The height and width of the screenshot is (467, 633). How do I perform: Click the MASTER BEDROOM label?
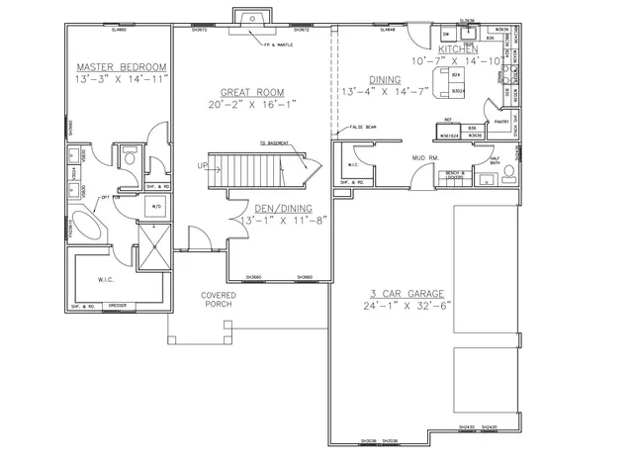(x=122, y=67)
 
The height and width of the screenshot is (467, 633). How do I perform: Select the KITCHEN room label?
(x=458, y=48)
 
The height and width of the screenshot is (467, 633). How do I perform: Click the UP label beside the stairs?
(x=202, y=165)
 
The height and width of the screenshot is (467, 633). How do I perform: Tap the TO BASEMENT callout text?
(x=276, y=143)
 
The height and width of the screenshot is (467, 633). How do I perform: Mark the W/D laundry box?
(x=156, y=206)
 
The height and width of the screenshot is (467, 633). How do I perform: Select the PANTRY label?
(x=501, y=123)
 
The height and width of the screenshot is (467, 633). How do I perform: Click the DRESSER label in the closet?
(x=117, y=307)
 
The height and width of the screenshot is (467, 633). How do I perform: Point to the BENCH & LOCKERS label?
(x=455, y=175)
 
